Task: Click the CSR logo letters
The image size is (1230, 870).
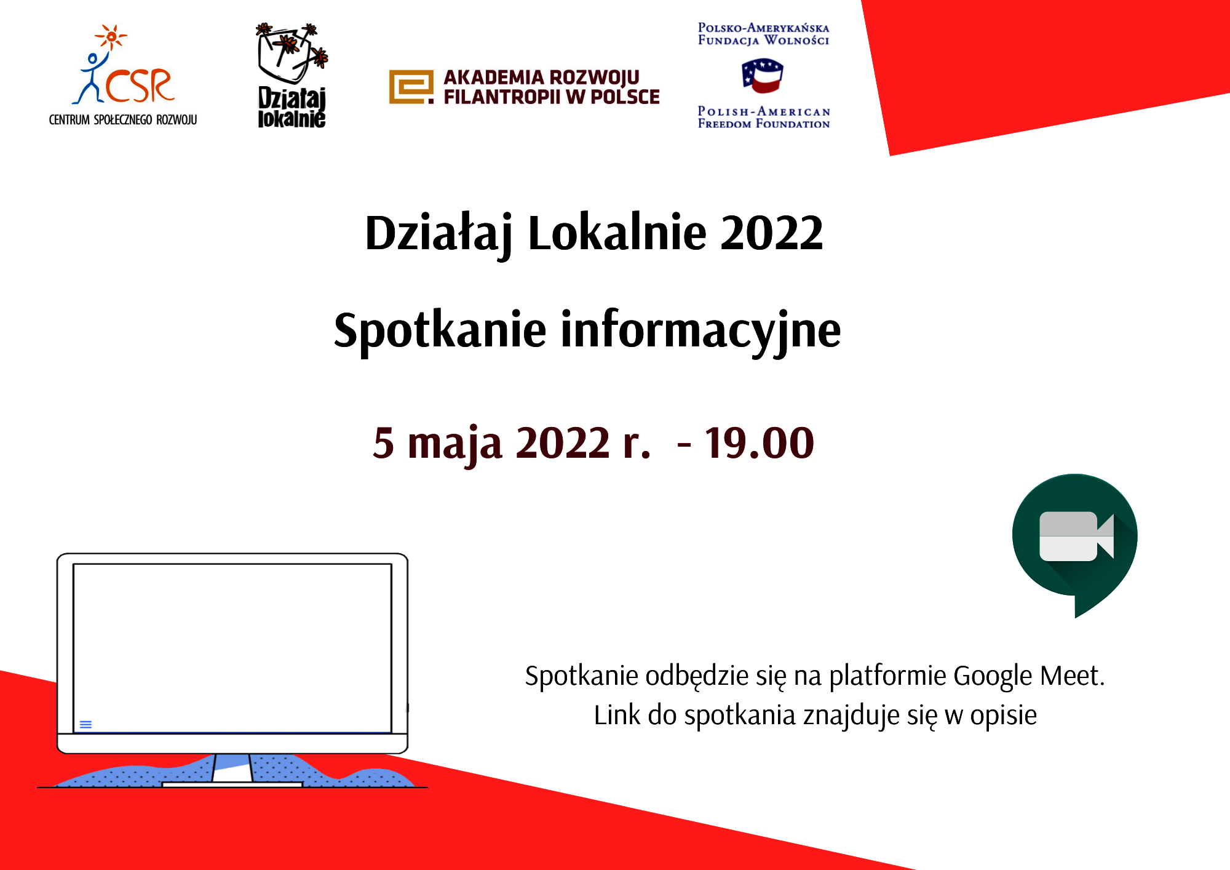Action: [140, 85]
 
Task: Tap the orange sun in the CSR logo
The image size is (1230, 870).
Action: [111, 37]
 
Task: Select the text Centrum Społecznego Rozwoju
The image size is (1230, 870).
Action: [123, 119]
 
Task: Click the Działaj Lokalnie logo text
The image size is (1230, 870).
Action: [292, 108]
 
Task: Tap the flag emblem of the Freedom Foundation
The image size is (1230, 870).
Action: [763, 76]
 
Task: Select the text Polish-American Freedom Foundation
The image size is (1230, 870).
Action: [764, 118]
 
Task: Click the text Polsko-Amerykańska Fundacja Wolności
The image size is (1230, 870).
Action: [764, 34]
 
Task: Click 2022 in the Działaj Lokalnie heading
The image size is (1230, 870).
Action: [771, 233]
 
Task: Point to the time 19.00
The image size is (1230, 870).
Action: [760, 442]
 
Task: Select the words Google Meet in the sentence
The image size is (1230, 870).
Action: [1028, 676]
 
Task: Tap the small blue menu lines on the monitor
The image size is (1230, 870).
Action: [86, 725]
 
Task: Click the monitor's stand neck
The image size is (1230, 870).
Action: [232, 768]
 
